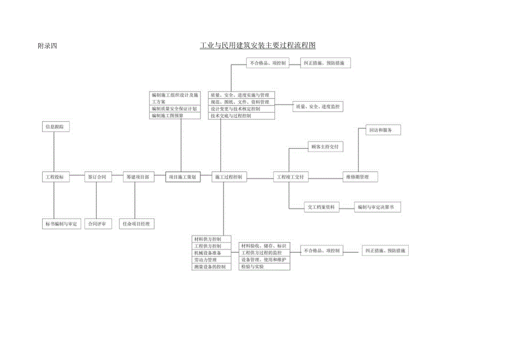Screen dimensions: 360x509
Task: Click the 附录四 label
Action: point(46,46)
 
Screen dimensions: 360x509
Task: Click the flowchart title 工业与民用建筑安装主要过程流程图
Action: point(258,45)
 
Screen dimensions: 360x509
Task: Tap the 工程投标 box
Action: point(55,178)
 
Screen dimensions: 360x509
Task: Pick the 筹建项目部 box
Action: point(137,178)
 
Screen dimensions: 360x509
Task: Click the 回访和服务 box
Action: point(383,131)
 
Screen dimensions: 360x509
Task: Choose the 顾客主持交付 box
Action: point(325,147)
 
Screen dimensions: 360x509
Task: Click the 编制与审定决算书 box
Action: point(378,207)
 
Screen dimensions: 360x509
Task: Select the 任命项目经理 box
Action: point(137,224)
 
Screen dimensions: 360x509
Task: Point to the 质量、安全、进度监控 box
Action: point(318,106)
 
